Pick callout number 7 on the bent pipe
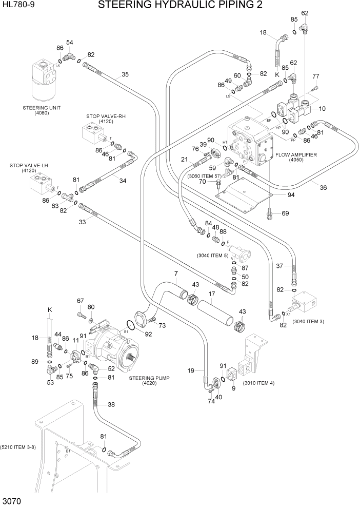point(175,273)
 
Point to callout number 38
point(111,404)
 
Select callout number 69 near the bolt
point(286,213)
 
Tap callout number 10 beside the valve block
point(322,108)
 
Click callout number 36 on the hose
point(323,188)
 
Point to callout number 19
point(191,370)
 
